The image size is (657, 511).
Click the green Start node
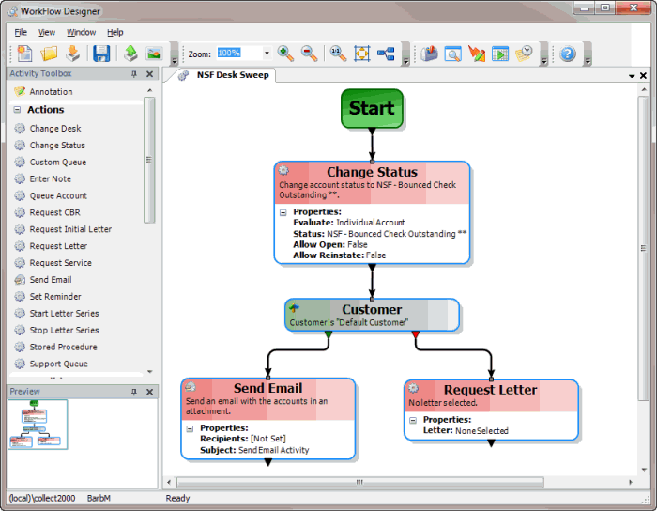372,108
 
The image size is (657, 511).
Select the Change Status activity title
372,172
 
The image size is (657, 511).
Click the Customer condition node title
372,309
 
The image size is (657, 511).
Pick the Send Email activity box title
267,388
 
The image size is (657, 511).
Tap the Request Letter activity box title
490,390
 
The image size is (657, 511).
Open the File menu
21,32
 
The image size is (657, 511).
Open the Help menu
115,32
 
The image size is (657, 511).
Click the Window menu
81,32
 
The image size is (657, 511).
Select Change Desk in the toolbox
55,129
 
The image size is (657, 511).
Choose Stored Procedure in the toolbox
63,348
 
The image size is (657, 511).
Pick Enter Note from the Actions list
50,179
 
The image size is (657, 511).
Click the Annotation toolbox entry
51,92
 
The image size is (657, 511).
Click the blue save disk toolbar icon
100,54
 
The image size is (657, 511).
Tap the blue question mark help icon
568,54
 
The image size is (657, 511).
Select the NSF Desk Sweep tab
232,75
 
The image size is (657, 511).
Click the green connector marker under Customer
328,333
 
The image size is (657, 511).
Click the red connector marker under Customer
415,333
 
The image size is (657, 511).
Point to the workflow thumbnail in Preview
38,425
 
